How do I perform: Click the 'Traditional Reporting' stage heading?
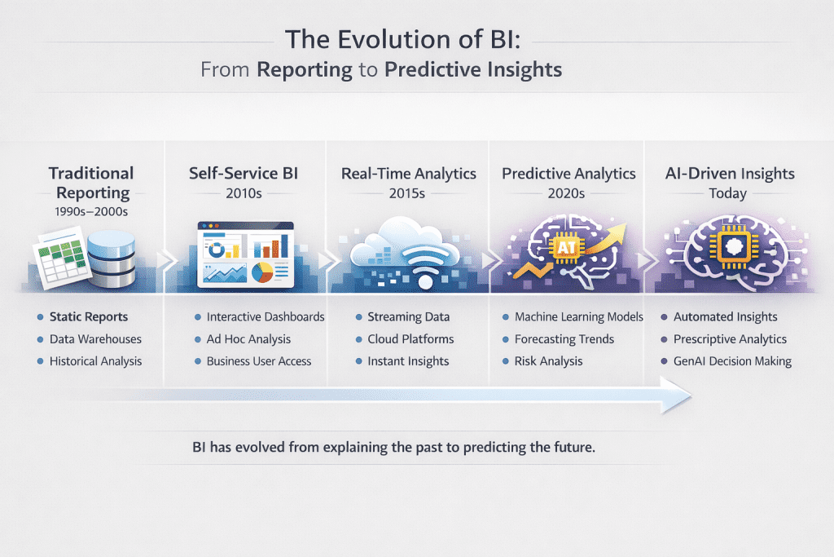pyautogui.click(x=91, y=183)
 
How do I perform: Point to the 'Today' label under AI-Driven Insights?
pyautogui.click(x=729, y=194)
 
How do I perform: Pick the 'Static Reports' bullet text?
pyautogui.click(x=89, y=316)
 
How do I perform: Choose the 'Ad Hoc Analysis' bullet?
pyautogui.click(x=248, y=338)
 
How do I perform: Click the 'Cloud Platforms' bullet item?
pyautogui.click(x=411, y=338)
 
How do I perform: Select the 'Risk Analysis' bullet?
pyautogui.click(x=548, y=360)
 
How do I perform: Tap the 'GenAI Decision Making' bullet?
pyautogui.click(x=732, y=360)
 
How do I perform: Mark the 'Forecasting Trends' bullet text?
pyautogui.click(x=564, y=338)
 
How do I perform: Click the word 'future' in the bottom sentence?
pyautogui.click(x=574, y=448)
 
